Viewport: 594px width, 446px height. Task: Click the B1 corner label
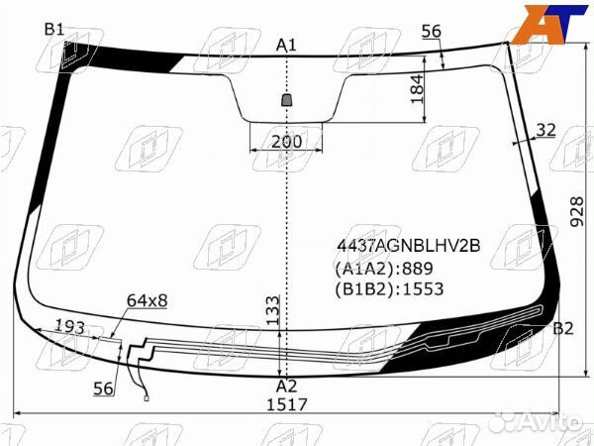tap(54, 29)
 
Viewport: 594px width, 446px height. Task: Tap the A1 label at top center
tap(286, 46)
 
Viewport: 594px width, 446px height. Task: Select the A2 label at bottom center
tap(286, 387)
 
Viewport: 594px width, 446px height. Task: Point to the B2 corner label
tap(563, 328)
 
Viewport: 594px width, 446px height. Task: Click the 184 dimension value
tap(417, 89)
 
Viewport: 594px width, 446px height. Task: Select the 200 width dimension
tap(287, 142)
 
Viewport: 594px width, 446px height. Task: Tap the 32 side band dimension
tap(545, 130)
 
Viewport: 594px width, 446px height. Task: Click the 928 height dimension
tap(577, 212)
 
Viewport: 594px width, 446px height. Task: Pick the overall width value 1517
tap(287, 405)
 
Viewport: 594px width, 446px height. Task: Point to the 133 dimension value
tap(273, 310)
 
